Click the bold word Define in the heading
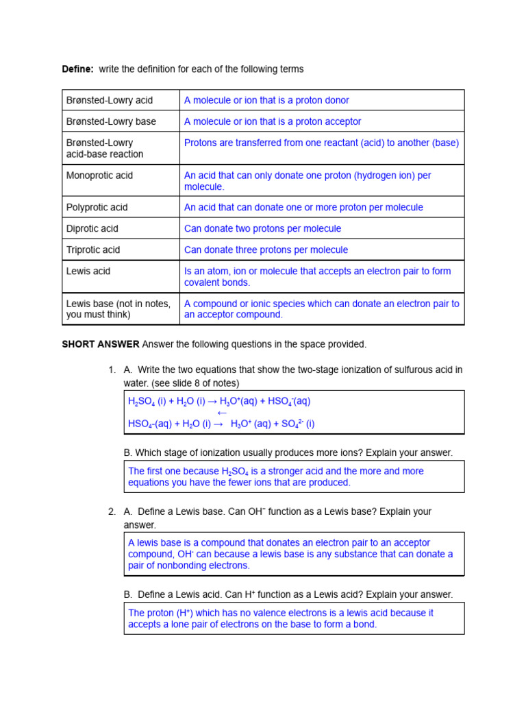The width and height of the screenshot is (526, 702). click(x=77, y=69)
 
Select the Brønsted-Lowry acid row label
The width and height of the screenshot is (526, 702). click(x=109, y=100)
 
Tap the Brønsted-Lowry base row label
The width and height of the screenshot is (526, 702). click(x=111, y=121)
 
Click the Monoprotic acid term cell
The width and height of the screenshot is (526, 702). click(x=99, y=175)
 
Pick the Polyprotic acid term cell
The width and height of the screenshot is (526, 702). click(x=97, y=207)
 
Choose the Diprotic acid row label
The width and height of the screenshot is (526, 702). click(x=92, y=228)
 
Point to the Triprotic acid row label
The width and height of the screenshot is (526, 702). click(x=93, y=250)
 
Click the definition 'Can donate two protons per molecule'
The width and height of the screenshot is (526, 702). click(x=262, y=228)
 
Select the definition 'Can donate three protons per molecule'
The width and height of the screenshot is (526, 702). click(x=266, y=250)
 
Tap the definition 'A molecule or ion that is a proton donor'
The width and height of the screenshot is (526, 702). click(x=266, y=100)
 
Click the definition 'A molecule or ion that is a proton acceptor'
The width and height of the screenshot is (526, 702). click(x=273, y=121)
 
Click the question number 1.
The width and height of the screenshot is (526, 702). click(x=112, y=370)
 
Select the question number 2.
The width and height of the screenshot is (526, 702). click(x=112, y=511)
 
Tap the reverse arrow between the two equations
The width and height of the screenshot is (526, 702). click(x=221, y=413)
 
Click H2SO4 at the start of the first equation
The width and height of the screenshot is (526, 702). click(x=141, y=402)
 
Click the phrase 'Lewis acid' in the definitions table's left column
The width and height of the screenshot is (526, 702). click(x=88, y=271)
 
